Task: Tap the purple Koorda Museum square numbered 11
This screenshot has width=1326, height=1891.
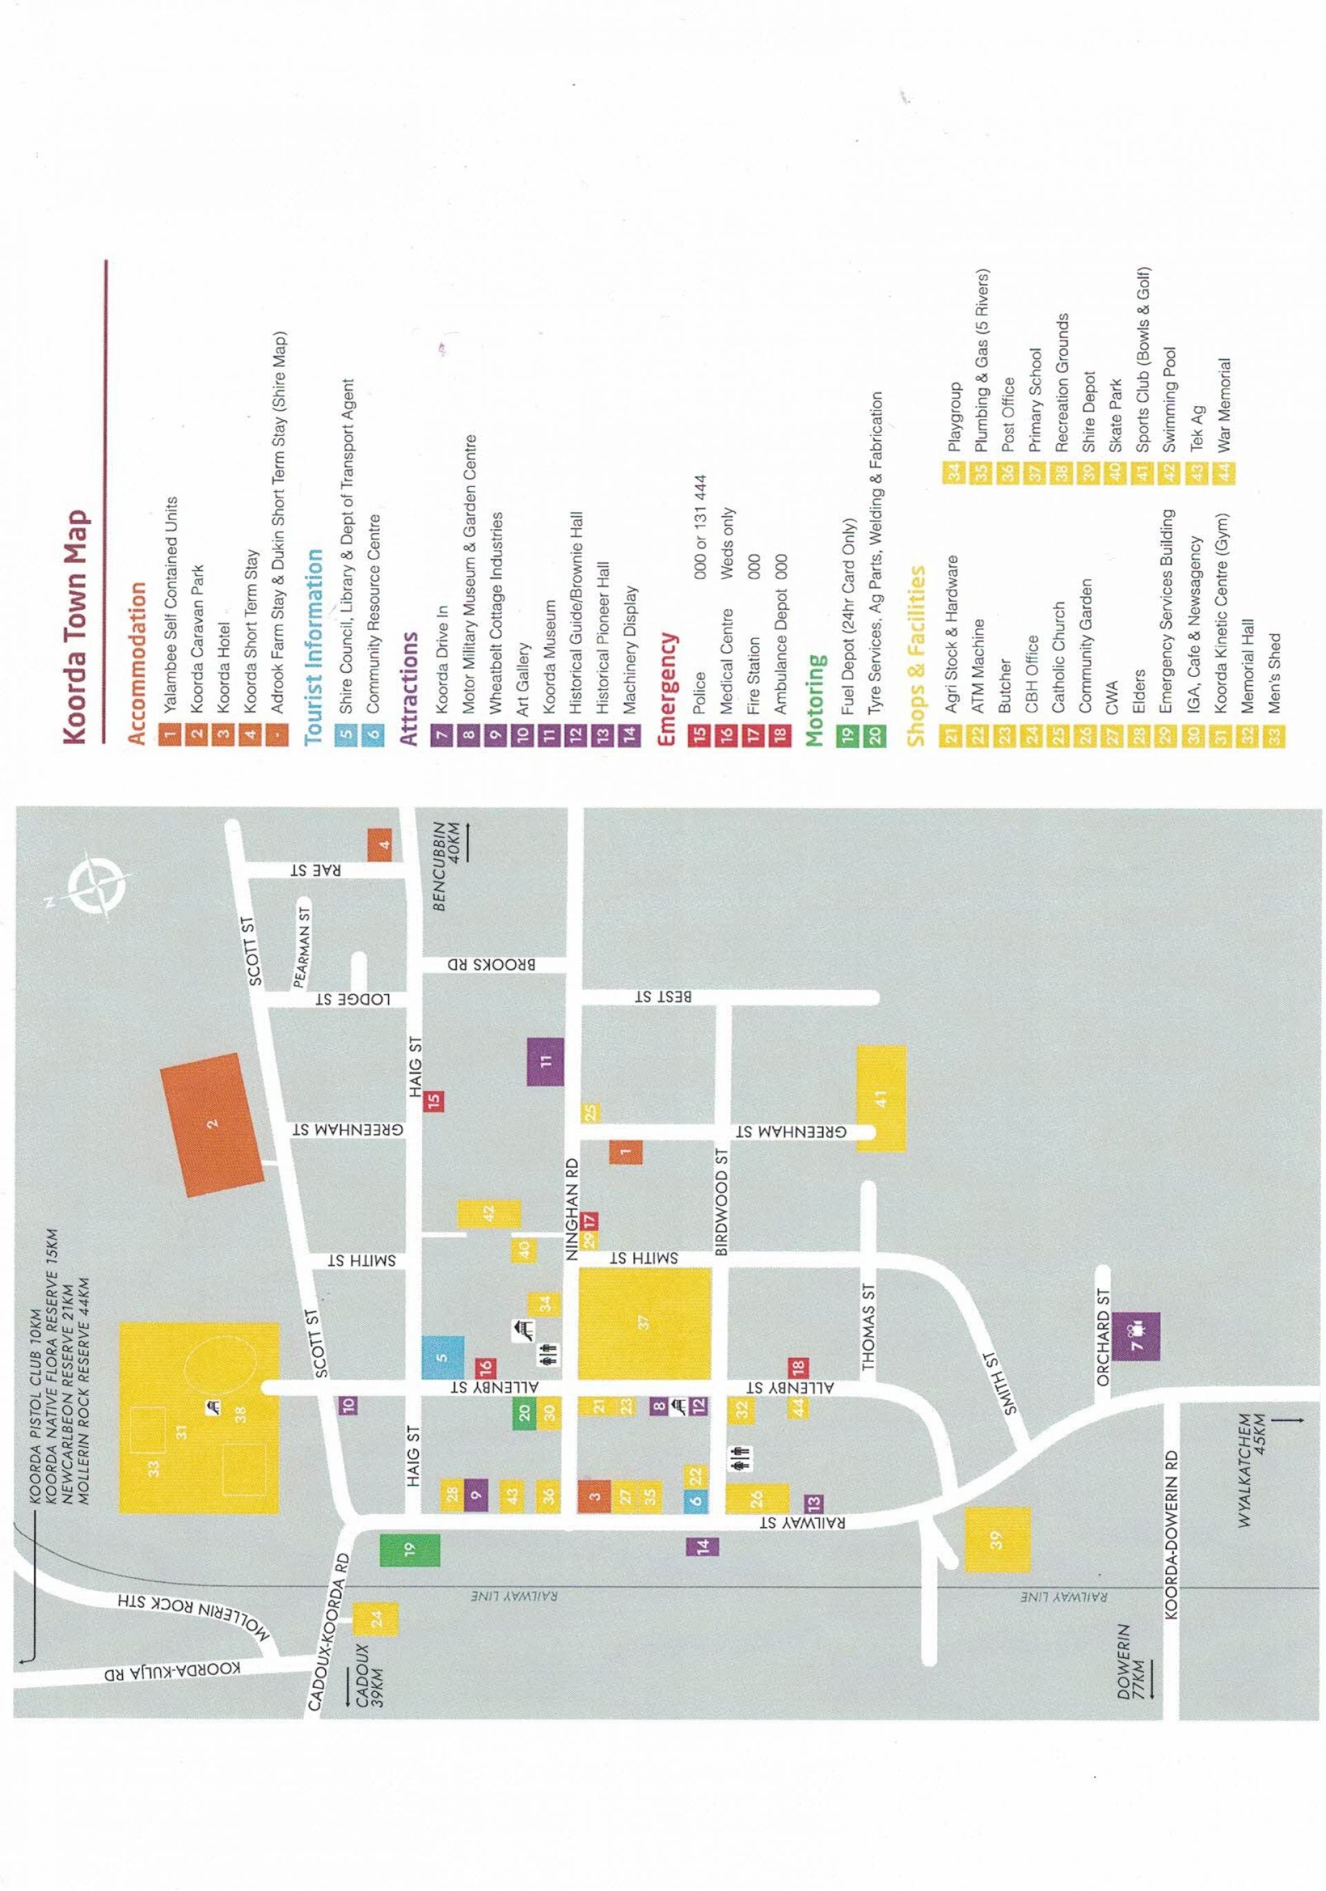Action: [x=545, y=1062]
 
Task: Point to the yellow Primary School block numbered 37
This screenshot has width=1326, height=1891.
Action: [x=644, y=1323]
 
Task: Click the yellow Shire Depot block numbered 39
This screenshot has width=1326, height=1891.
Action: [x=997, y=1539]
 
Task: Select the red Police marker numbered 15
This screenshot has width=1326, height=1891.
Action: [x=434, y=1100]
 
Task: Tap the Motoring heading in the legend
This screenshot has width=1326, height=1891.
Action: [x=816, y=700]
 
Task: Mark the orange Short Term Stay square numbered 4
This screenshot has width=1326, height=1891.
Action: [x=380, y=844]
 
